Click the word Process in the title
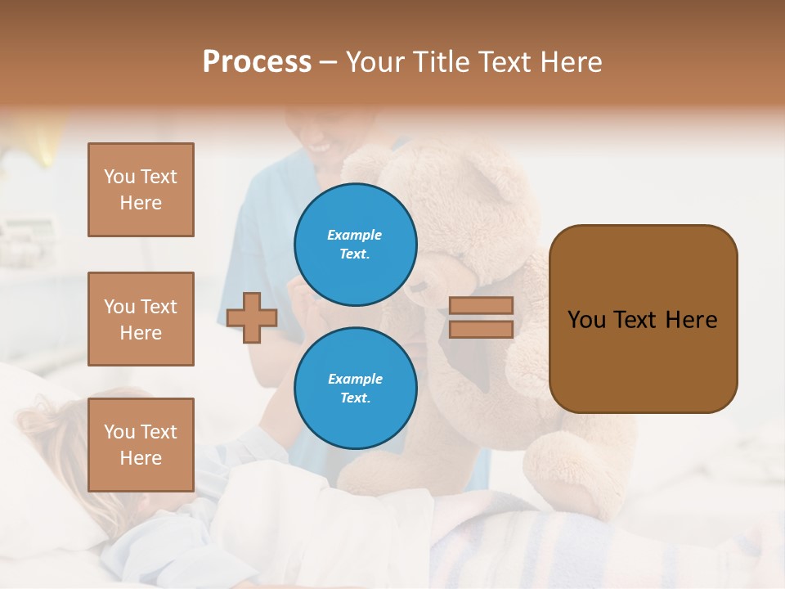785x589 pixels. click(x=257, y=62)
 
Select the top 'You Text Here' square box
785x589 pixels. click(x=141, y=190)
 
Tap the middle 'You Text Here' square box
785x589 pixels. click(x=141, y=319)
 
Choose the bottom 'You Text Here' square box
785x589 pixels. click(x=141, y=445)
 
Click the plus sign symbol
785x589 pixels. click(x=252, y=317)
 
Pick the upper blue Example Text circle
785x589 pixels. click(x=356, y=245)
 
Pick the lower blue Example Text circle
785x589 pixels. click(x=356, y=389)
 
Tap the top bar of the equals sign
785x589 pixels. click(x=481, y=305)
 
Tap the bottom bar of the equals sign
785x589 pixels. click(x=481, y=329)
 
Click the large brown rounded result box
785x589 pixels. click(x=643, y=319)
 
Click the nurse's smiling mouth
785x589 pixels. click(x=321, y=148)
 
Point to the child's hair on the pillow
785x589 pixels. click(x=57, y=425)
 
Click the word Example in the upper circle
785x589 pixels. click(x=354, y=235)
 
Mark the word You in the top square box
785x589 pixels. click(x=119, y=177)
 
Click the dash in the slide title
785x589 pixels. click(x=329, y=62)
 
